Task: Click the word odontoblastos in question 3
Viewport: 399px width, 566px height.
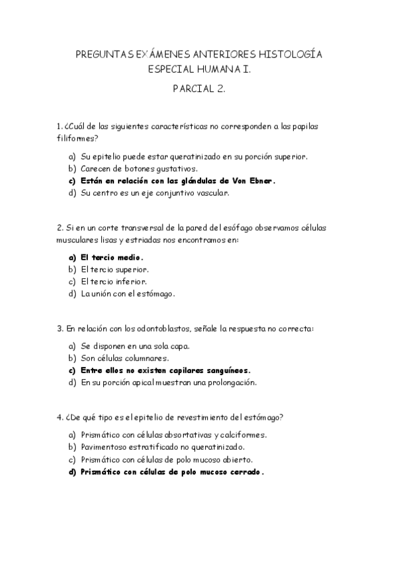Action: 151,328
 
